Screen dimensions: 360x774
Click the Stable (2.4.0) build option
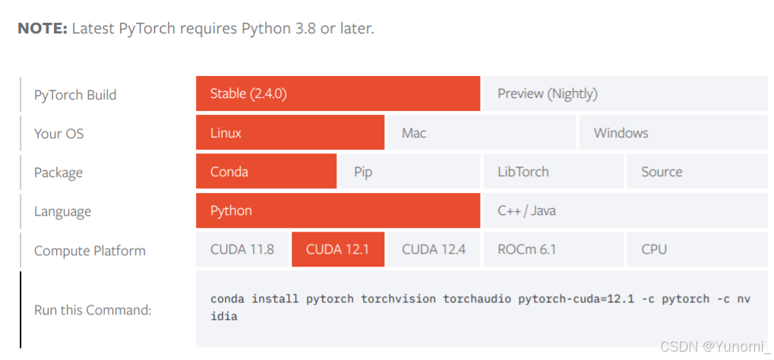[x=337, y=93]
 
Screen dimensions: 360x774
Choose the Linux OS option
[x=289, y=133]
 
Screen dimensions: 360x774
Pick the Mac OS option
[x=481, y=133]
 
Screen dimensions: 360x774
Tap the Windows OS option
[x=672, y=133]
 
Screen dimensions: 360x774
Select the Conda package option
[x=266, y=172]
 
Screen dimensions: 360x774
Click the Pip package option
[x=409, y=172]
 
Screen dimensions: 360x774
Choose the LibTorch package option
[x=552, y=172]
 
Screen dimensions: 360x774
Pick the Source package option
[x=696, y=172]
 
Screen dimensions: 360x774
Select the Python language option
[x=337, y=210]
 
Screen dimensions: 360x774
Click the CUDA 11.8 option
[x=242, y=249]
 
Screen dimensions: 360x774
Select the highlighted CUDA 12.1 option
[x=337, y=249]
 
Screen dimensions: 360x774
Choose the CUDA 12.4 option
[x=433, y=249]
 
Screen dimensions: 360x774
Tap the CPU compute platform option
[x=696, y=249]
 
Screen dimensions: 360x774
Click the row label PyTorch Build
[x=75, y=95]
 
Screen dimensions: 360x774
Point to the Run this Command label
[x=93, y=310]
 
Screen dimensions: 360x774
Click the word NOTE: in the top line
[x=43, y=29]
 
